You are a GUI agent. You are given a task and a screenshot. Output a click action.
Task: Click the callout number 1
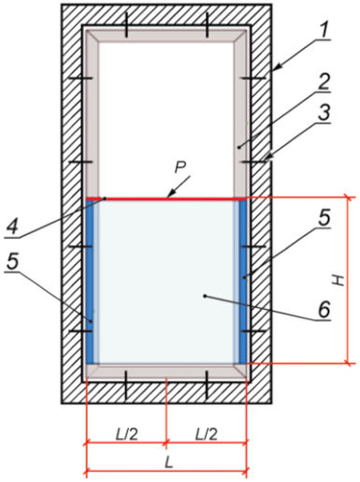(x=324, y=31)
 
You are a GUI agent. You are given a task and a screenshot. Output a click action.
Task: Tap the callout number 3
(x=324, y=113)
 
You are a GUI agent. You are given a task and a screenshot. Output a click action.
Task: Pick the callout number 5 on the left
(x=13, y=262)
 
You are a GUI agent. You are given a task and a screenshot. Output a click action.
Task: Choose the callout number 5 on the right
(x=324, y=218)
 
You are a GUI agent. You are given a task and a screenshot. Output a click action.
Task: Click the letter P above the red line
(x=180, y=168)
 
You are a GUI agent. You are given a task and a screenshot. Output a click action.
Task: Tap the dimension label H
(x=338, y=281)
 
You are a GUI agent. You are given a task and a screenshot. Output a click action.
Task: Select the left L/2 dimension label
(x=126, y=434)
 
